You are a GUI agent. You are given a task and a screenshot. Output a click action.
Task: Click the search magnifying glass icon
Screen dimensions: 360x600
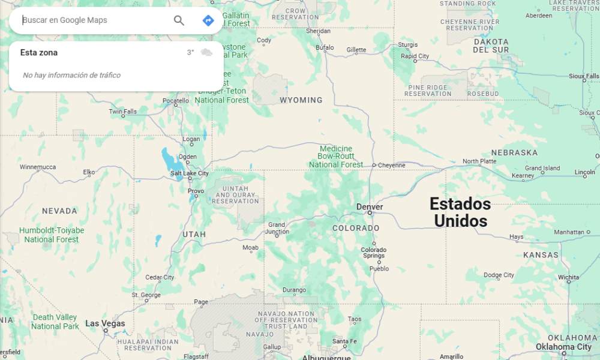[179, 20]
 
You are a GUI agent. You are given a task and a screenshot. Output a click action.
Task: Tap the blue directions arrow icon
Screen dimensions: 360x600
[208, 20]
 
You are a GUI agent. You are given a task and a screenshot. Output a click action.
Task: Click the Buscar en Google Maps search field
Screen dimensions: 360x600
[90, 20]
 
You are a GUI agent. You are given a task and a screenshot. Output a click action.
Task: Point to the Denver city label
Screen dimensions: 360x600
[370, 207]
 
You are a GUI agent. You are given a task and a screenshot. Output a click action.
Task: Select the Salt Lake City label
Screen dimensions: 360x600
[190, 173]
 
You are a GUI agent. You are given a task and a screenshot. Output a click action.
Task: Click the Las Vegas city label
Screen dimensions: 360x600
[106, 323]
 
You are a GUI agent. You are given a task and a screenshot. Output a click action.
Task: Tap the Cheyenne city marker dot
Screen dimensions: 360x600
[374, 165]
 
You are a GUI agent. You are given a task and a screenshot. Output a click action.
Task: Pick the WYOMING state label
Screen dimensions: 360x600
[301, 100]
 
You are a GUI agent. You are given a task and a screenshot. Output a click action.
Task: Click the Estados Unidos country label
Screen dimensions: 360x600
[460, 212]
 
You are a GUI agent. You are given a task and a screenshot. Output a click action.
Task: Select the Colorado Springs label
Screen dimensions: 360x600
[373, 253]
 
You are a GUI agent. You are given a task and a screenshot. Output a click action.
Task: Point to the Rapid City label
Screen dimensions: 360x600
[415, 56]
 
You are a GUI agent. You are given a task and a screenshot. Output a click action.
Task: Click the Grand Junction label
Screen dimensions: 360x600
[277, 229]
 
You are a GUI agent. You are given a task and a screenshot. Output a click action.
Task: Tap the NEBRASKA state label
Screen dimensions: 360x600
[514, 152]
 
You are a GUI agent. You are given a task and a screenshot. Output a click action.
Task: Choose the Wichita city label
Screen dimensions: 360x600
[568, 278]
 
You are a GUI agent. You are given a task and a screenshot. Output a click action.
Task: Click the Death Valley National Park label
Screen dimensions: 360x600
[55, 322]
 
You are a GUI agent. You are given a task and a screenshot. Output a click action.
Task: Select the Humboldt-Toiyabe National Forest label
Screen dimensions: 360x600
[52, 235]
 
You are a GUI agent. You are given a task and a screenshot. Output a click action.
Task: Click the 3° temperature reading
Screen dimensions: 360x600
[190, 53]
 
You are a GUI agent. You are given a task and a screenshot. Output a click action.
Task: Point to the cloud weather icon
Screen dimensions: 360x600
[206, 53]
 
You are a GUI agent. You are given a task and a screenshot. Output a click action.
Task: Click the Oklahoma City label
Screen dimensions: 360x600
[563, 347]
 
